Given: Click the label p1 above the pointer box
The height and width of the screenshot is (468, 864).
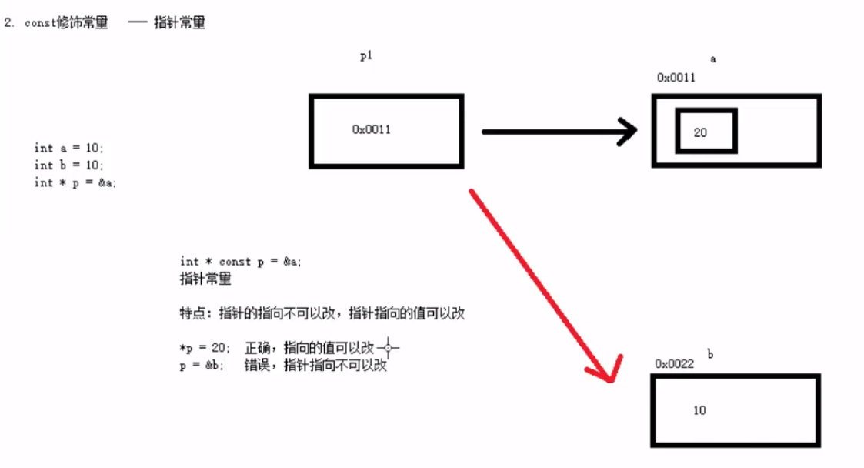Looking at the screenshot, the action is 366,56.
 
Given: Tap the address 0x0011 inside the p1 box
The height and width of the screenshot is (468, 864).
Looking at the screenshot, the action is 372,129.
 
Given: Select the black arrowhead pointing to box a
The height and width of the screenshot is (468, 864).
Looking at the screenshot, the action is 627,132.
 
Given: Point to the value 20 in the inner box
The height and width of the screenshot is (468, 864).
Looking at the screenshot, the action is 700,132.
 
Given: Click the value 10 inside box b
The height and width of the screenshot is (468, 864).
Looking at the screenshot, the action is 699,410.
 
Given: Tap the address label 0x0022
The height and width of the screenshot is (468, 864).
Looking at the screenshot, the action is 675,363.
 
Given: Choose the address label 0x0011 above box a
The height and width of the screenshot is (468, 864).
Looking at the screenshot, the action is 676,78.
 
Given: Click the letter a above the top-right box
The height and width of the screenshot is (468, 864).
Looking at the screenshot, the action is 713,58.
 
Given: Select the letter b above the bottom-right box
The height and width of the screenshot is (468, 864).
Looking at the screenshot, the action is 710,354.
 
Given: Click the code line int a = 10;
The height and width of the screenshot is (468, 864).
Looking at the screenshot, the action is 68,148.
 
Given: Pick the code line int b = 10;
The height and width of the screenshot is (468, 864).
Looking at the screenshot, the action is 68,165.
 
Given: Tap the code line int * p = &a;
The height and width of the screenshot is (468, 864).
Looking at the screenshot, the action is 75,182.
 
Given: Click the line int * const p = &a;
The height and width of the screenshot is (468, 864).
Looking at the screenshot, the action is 241,262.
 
